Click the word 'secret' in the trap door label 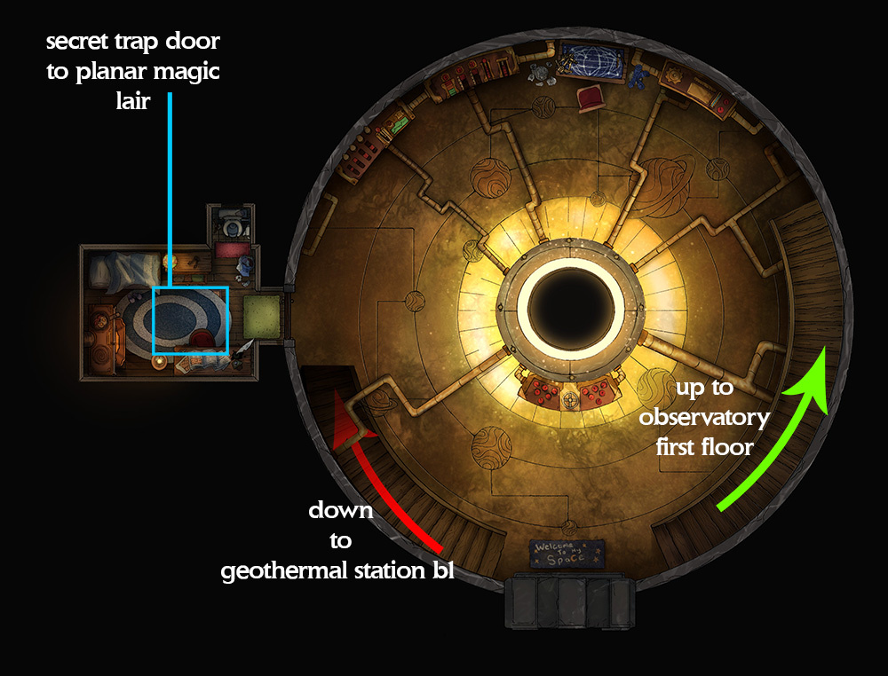(x=77, y=42)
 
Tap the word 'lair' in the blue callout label (x=133, y=101)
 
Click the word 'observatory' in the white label (x=704, y=418)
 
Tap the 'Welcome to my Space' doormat (x=567, y=554)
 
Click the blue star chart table (x=592, y=60)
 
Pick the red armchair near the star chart (x=591, y=98)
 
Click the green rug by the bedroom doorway (x=262, y=317)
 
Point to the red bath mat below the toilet (x=232, y=249)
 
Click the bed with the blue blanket (x=124, y=271)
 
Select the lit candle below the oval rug (x=159, y=363)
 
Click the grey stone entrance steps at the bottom (x=570, y=601)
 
